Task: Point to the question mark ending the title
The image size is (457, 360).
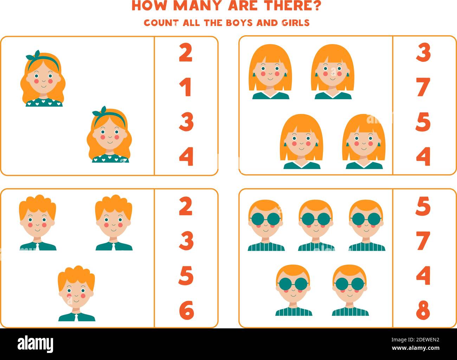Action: pyautogui.click(x=316, y=6)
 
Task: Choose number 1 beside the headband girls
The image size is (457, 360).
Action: pyautogui.click(x=185, y=87)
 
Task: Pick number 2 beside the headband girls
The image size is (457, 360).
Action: pyautogui.click(x=186, y=53)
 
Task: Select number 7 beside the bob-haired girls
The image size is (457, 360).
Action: pyautogui.click(x=423, y=87)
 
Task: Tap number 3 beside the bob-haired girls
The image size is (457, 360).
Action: pyautogui.click(x=423, y=53)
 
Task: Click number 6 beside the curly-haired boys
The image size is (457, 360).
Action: pyautogui.click(x=186, y=310)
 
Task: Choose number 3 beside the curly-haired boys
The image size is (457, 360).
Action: pyautogui.click(x=186, y=241)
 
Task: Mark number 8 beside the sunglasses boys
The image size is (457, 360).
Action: pyautogui.click(x=423, y=310)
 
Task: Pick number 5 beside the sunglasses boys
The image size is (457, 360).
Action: pyautogui.click(x=423, y=206)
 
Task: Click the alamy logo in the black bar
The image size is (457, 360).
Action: pyautogui.click(x=36, y=343)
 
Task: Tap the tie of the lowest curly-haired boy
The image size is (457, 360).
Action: pyautogui.click(x=77, y=317)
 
